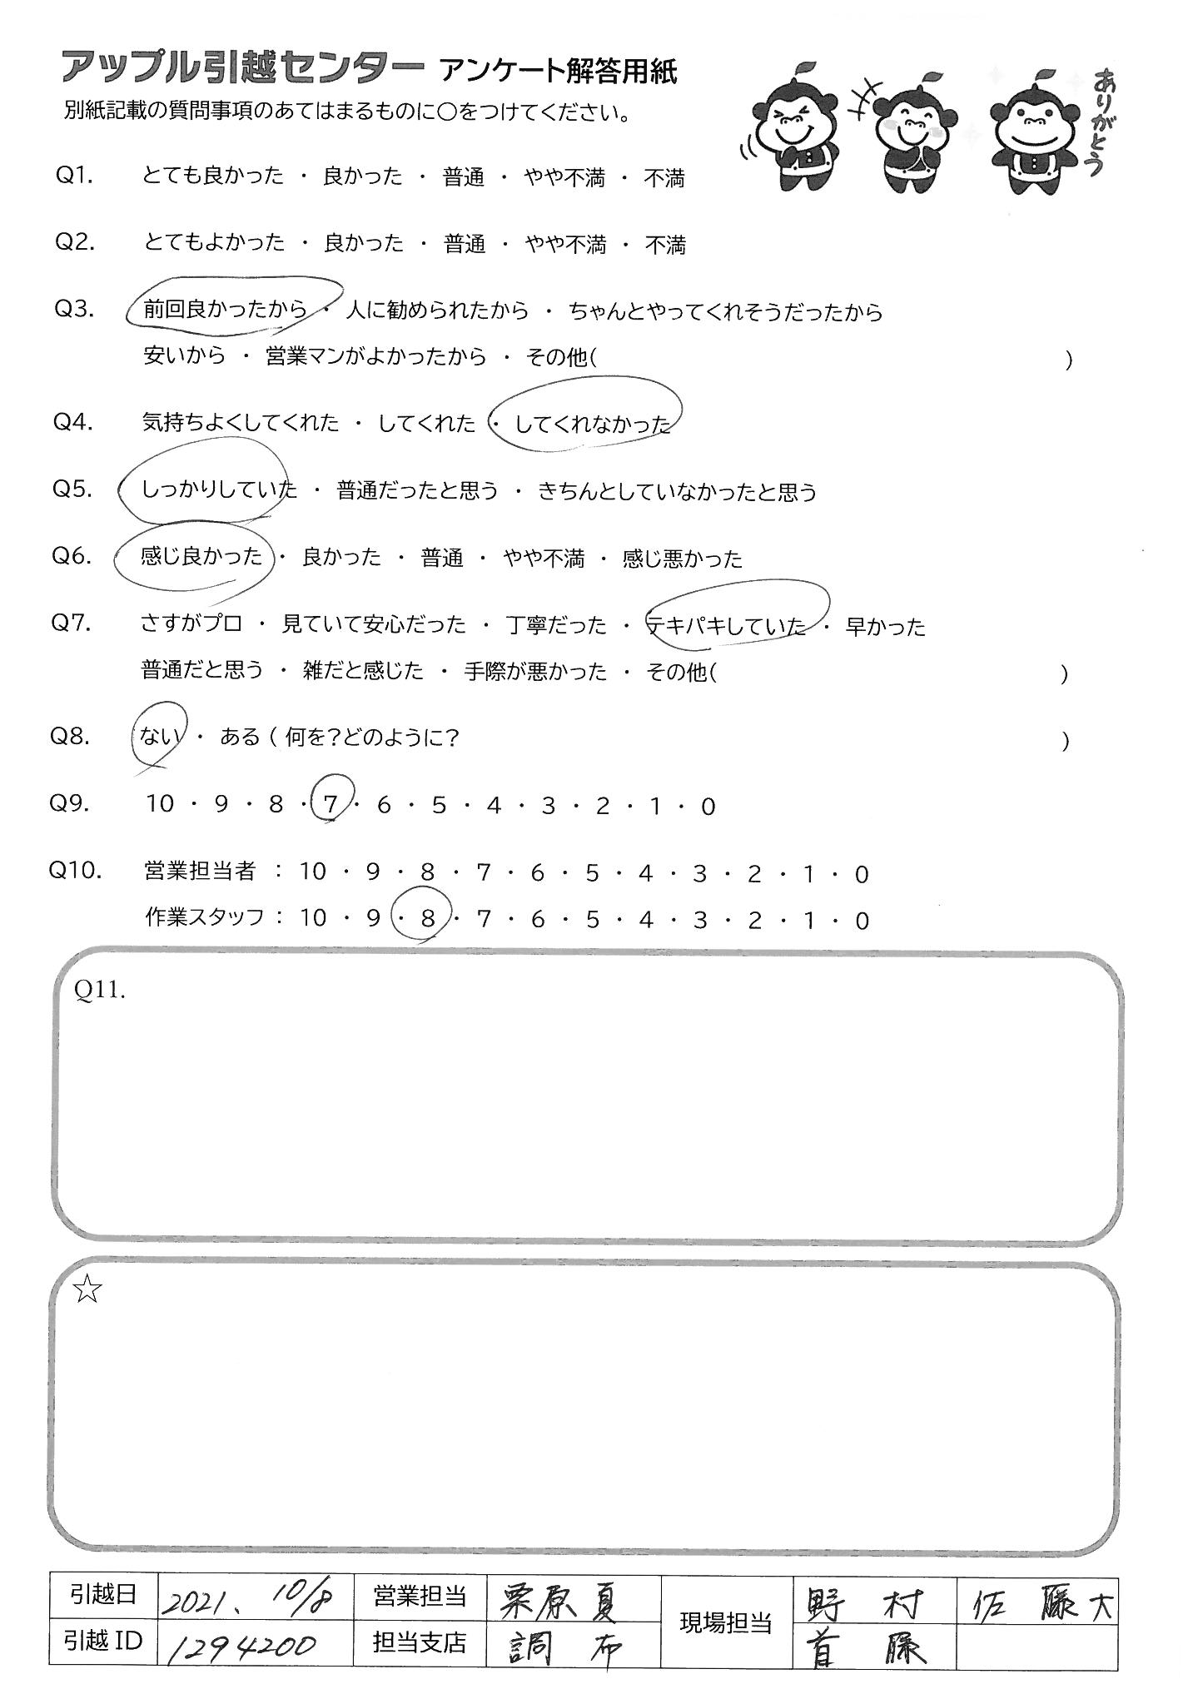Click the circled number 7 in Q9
[x=331, y=803]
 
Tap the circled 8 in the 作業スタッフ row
[x=428, y=918]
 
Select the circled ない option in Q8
[x=156, y=737]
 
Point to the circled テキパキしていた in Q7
[x=727, y=625]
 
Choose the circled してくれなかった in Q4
[x=592, y=424]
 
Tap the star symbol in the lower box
[x=87, y=1290]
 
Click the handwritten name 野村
[x=866, y=1597]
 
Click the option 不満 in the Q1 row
[x=664, y=177]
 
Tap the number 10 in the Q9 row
[x=159, y=804]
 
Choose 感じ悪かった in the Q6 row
[x=682, y=558]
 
